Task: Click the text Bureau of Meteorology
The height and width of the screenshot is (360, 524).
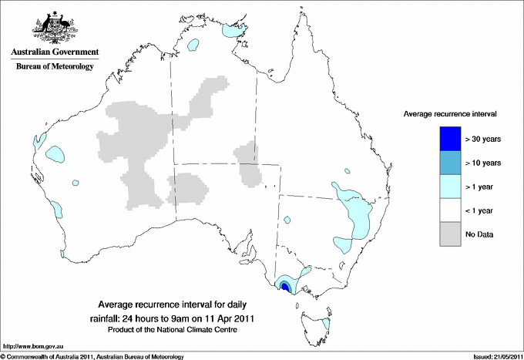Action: tap(54, 67)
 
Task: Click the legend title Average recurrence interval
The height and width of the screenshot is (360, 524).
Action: tap(450, 113)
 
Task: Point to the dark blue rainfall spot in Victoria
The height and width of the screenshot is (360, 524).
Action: tap(285, 287)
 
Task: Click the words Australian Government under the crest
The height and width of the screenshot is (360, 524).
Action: tap(54, 52)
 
